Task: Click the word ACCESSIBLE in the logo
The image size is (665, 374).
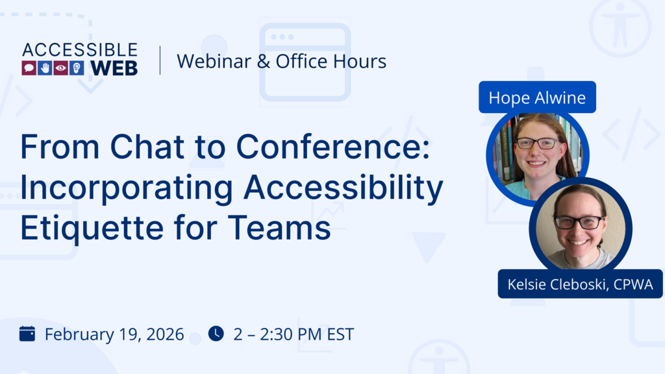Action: [80, 51]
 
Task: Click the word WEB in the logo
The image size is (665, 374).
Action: [114, 68]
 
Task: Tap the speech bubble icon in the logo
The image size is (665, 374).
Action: [29, 68]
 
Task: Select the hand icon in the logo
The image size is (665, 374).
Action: [45, 68]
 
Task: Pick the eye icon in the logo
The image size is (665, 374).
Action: [61, 68]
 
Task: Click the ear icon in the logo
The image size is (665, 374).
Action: [77, 68]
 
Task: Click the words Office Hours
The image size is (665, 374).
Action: [331, 61]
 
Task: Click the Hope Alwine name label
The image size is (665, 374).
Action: [537, 97]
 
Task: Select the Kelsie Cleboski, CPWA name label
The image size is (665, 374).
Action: [580, 284]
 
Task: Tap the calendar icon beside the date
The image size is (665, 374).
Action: [27, 334]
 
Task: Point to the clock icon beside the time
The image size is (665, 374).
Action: [216, 334]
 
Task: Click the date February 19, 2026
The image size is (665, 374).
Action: [114, 335]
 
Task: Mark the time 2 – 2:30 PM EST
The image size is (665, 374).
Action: [294, 335]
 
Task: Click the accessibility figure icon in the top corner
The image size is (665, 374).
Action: [620, 26]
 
